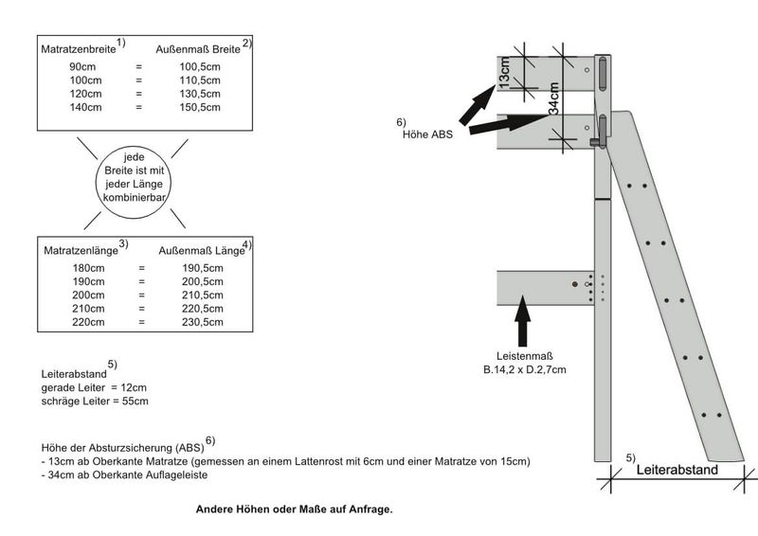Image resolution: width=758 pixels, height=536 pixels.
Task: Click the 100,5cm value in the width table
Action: [x=200, y=66]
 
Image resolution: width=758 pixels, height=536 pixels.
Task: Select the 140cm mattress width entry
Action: [x=85, y=107]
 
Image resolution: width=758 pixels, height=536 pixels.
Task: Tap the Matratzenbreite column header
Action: [x=79, y=49]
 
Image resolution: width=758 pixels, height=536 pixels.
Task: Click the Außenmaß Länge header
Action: [x=202, y=250]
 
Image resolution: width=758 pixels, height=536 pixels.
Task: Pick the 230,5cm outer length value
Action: [x=203, y=322]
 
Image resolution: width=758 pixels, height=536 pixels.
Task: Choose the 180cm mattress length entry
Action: [x=88, y=268]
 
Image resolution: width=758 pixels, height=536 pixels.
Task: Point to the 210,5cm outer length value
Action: [x=203, y=295]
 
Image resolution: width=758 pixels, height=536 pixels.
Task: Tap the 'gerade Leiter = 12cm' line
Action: [x=94, y=387]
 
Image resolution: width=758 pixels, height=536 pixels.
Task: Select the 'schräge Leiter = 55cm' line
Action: [x=95, y=402]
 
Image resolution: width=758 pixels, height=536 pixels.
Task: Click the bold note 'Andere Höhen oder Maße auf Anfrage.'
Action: [x=294, y=509]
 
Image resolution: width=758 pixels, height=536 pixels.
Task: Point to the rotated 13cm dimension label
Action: [x=504, y=73]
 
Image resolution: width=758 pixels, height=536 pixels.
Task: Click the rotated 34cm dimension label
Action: [x=554, y=98]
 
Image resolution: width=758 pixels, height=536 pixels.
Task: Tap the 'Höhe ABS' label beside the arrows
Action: [x=428, y=134]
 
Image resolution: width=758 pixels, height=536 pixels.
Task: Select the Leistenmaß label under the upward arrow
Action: [x=525, y=356]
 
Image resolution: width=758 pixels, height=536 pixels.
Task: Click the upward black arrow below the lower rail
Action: [x=523, y=321]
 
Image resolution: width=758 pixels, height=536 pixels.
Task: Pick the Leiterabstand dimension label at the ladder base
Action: [x=677, y=470]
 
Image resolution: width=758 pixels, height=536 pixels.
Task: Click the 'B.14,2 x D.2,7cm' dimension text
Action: [x=525, y=369]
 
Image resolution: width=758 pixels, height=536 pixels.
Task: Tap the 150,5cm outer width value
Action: [x=200, y=107]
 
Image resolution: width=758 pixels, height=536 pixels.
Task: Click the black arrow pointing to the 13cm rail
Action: [x=477, y=106]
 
